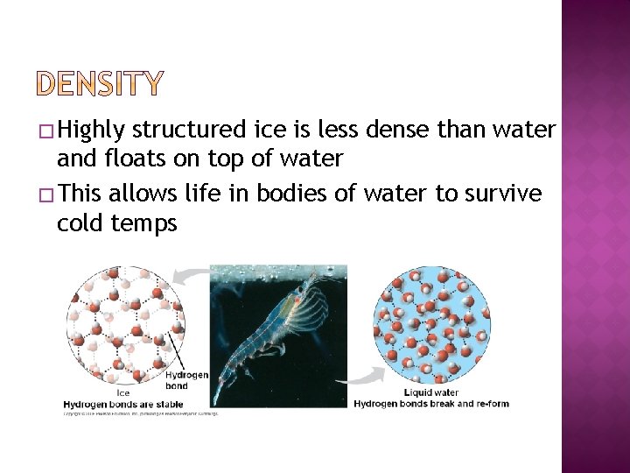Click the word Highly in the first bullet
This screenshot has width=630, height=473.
[x=93, y=131]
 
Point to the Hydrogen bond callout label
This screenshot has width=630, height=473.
[x=187, y=380]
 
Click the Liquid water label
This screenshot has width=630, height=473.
[x=432, y=392]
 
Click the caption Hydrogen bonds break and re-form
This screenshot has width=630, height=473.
[x=431, y=403]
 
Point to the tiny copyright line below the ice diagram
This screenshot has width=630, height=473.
[x=140, y=413]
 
